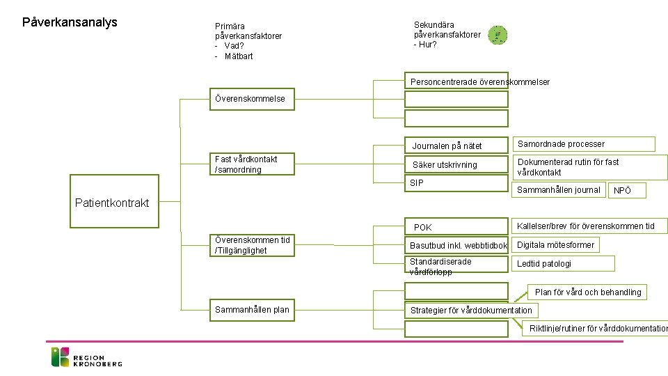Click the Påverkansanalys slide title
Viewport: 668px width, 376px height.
tap(70, 22)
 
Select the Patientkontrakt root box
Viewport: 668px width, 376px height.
tap(111, 203)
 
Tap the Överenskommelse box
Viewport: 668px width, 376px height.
tap(253, 100)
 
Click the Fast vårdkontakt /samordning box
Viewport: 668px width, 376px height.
tap(253, 164)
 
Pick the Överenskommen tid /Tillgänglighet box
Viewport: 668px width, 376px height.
tap(253, 245)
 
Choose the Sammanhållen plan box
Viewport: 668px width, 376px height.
tap(253, 310)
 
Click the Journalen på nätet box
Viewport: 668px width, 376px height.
tap(456, 146)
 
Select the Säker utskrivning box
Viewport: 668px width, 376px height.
tap(456, 165)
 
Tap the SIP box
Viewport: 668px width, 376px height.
tap(456, 183)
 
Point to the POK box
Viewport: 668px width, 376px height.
tap(456, 227)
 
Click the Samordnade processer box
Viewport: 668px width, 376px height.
tap(584, 144)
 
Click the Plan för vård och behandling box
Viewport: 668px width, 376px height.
tap(588, 292)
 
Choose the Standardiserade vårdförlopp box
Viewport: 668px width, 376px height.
tap(456, 265)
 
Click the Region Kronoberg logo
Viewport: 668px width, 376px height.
tap(87, 357)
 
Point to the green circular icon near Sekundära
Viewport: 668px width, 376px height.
tap(498, 36)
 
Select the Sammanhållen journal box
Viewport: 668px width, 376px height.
tap(559, 189)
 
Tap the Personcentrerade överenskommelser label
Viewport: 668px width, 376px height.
tap(480, 82)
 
